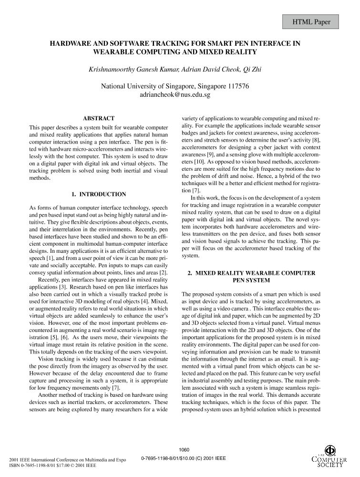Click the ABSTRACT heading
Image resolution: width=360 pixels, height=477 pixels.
point(99,118)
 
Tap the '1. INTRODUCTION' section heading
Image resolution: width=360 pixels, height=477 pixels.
point(99,194)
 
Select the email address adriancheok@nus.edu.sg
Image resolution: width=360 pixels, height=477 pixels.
point(175,94)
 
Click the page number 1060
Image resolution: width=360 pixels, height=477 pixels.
point(184,449)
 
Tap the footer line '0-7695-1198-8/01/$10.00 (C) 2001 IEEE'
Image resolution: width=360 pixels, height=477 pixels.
point(184,458)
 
